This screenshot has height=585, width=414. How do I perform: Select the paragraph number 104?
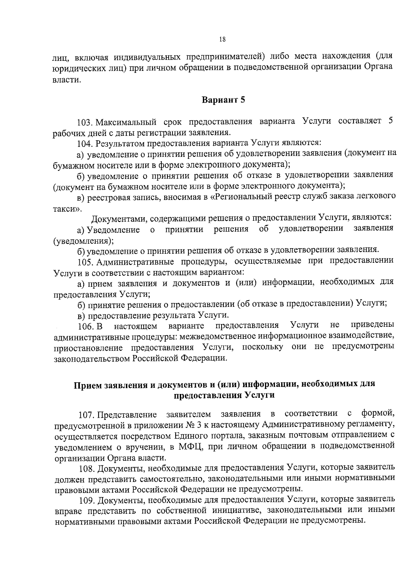coord(85,143)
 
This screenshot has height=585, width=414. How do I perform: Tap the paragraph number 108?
coord(87,468)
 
